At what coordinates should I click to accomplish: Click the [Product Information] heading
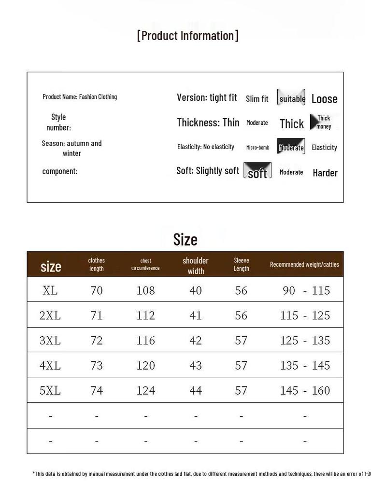(x=187, y=36)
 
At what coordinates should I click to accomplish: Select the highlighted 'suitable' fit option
(x=291, y=98)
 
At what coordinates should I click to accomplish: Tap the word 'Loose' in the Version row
(x=324, y=99)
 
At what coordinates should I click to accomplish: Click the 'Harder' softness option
(x=325, y=173)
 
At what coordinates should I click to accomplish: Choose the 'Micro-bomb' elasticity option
(x=257, y=147)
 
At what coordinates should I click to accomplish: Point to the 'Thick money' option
(x=323, y=122)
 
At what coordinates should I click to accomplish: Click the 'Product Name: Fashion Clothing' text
(x=80, y=96)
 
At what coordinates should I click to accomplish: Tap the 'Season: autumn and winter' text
(x=71, y=148)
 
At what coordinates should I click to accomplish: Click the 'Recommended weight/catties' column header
(x=304, y=264)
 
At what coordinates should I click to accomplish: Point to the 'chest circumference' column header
(x=145, y=264)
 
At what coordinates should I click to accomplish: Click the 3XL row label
(x=50, y=340)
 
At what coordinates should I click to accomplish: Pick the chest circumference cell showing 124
(x=145, y=390)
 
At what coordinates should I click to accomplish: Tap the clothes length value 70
(x=97, y=290)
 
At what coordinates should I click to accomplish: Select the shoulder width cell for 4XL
(x=196, y=365)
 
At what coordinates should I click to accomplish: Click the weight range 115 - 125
(x=305, y=316)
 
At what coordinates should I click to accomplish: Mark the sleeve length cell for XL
(x=241, y=290)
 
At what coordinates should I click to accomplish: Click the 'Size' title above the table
(x=185, y=239)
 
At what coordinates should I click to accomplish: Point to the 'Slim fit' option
(x=257, y=99)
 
